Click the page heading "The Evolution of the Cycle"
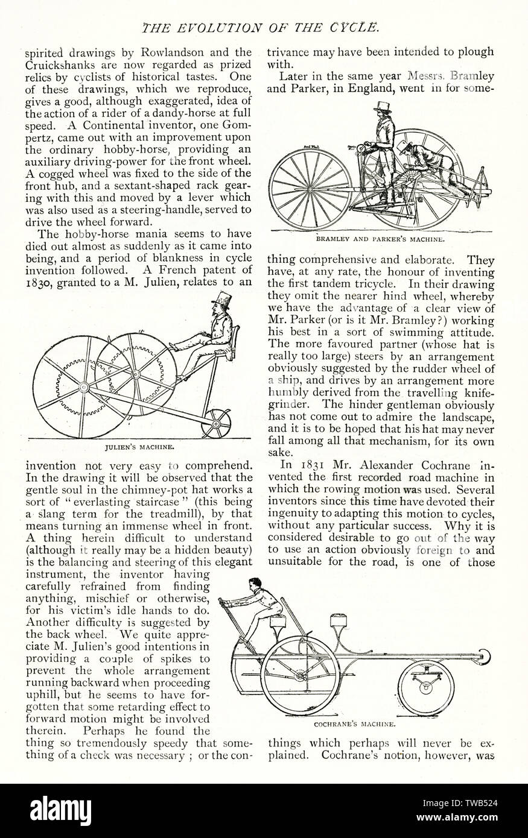[x=259, y=28]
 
